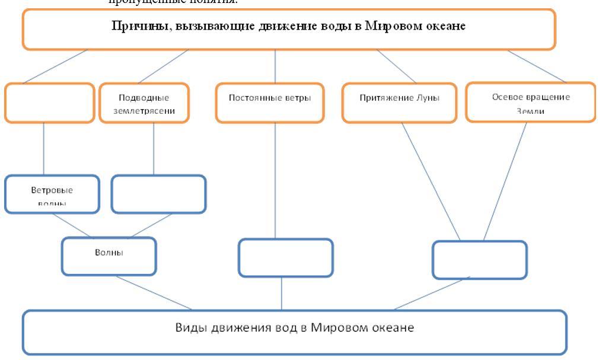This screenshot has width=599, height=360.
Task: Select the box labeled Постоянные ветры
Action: (x=271, y=103)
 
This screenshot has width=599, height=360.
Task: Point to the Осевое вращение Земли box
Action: (x=530, y=102)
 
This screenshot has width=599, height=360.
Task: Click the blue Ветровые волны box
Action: (x=51, y=194)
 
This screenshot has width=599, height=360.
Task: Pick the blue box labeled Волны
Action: (x=109, y=256)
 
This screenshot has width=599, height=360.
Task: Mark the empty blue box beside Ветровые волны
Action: (x=158, y=194)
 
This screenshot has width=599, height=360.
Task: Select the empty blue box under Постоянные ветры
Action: (x=285, y=257)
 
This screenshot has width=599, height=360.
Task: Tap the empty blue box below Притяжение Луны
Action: (x=479, y=260)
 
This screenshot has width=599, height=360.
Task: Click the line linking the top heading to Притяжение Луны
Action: (x=396, y=66)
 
